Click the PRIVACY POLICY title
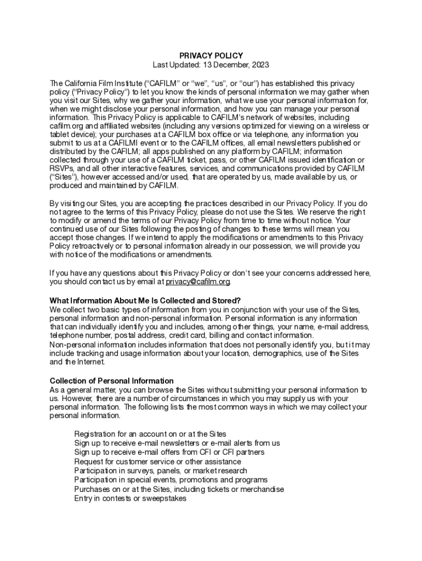click(211, 56)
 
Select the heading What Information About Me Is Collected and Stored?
click(145, 301)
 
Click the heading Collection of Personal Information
click(112, 381)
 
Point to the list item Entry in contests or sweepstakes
click(130, 499)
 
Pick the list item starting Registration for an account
click(150, 434)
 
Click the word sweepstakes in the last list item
click(167, 499)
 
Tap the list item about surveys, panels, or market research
click(161, 471)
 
